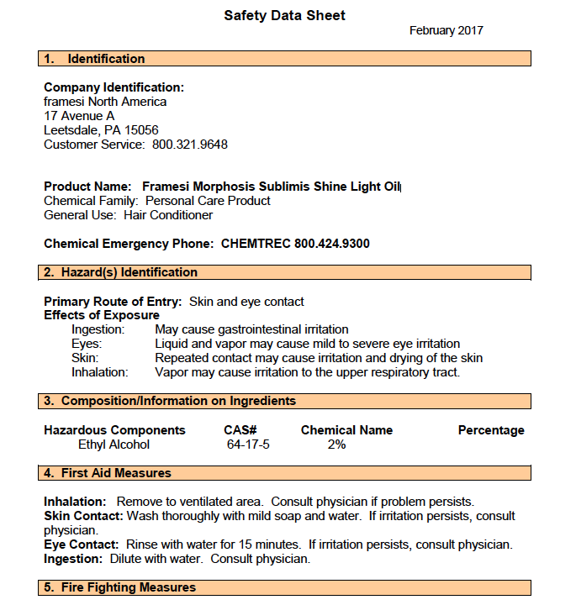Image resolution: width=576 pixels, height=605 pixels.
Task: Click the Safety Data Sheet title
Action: point(284,15)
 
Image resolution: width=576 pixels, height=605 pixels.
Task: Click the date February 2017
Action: point(446,31)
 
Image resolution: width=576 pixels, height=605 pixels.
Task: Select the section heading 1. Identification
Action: point(94,59)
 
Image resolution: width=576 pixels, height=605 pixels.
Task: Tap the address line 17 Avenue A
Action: point(79,116)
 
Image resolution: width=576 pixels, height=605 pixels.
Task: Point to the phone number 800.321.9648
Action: point(190,145)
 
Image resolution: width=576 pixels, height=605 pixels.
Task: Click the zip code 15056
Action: point(141,130)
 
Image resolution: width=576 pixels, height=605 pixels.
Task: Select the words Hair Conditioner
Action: point(168,215)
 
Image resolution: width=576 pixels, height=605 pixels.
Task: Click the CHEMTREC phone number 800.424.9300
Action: point(331,244)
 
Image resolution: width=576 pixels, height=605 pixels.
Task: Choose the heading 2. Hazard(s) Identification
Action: point(121,272)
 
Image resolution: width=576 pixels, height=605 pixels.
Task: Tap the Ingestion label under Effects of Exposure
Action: point(98,329)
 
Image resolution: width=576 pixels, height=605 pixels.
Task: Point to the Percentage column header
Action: point(491,430)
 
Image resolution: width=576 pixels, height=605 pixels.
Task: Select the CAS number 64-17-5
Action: point(248,445)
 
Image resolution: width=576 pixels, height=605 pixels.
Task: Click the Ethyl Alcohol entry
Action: point(114,445)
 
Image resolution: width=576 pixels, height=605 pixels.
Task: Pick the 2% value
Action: point(336,445)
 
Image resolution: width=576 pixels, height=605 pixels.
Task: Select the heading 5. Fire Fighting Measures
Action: point(120,587)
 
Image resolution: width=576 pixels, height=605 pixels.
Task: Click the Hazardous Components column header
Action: point(114,430)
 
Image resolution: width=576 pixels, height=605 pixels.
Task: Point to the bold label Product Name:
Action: point(87,187)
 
